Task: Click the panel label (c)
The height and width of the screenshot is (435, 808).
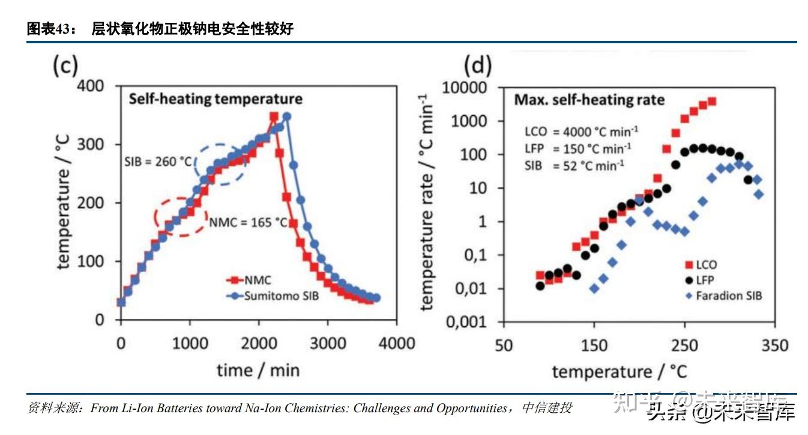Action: [x=65, y=65]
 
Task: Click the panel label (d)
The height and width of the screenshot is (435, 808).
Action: [x=478, y=65]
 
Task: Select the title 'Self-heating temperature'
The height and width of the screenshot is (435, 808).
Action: [x=216, y=99]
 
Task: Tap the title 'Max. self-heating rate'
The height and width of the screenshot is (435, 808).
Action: [x=589, y=100]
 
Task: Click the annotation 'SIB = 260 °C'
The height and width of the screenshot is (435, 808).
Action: [x=158, y=162]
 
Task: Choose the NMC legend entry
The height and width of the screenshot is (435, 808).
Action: [x=252, y=281]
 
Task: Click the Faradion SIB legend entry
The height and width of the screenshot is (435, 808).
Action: [x=720, y=295]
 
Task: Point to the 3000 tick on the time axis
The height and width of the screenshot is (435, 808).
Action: [x=327, y=344]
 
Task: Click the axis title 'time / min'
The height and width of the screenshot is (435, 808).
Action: [x=258, y=370]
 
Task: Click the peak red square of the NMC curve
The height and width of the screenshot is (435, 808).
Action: [x=273, y=117]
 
